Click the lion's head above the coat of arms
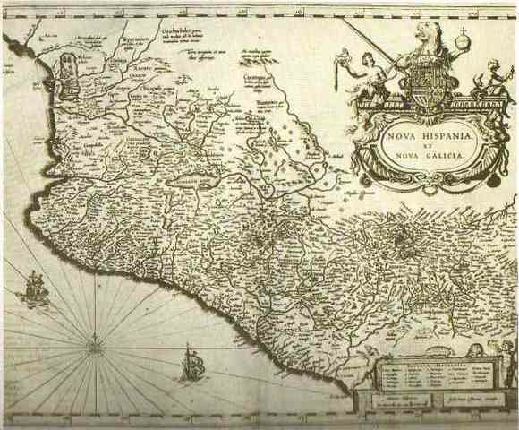click(x=428, y=37)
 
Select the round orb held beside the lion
click(x=464, y=40)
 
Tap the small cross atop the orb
click(x=464, y=30)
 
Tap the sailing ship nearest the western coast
click(x=33, y=288)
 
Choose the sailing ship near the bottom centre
click(x=191, y=363)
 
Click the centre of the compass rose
click(x=94, y=340)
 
